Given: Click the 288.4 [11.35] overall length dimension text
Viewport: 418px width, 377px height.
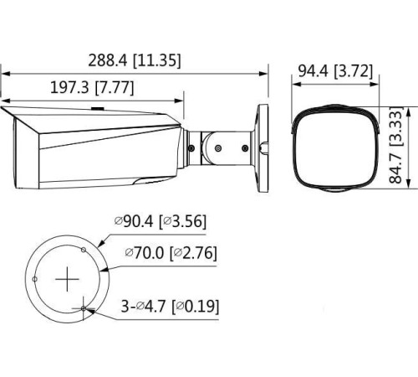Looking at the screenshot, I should pyautogui.click(x=134, y=60).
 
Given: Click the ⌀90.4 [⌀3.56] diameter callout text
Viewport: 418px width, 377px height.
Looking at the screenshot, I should pyautogui.click(x=161, y=222).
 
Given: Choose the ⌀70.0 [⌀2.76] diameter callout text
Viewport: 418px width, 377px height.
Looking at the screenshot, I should pyautogui.click(x=170, y=251).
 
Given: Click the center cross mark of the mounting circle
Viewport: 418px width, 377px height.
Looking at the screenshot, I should pyautogui.click(x=66, y=281).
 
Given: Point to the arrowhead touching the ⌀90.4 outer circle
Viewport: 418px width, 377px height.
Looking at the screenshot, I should pyautogui.click(x=100, y=242).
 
